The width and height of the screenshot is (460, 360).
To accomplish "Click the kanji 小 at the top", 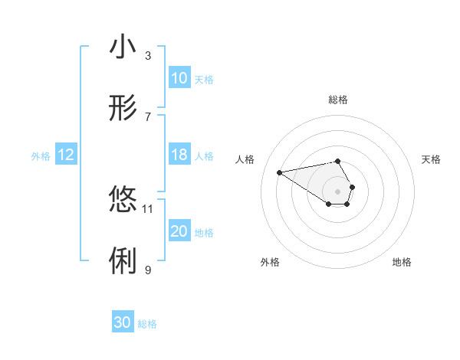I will (123, 47).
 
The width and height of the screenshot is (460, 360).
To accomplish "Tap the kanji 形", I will (123, 110).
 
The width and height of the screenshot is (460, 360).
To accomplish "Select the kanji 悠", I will (123, 198).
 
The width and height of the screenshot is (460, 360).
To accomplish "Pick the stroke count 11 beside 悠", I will (148, 208).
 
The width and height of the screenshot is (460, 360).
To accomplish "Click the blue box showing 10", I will (179, 78).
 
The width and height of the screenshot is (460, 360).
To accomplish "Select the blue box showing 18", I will (179, 155).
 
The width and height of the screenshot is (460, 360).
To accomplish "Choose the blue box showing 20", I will (179, 231).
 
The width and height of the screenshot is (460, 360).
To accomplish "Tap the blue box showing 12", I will (66, 155).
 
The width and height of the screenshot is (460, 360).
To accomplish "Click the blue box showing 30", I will (123, 322).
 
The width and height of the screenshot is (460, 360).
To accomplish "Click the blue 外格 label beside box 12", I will (41, 155).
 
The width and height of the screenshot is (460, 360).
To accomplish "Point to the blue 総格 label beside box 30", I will (147, 324).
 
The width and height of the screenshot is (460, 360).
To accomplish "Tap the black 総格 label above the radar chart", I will (337, 100).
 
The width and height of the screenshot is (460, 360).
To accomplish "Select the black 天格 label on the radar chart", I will (431, 159).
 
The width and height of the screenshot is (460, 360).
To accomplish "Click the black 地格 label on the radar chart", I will (402, 262).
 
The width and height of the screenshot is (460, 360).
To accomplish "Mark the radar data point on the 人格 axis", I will (279, 172).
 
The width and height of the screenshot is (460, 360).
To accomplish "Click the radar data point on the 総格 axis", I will (337, 161).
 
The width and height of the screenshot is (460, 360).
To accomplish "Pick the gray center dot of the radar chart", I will (337, 190).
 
